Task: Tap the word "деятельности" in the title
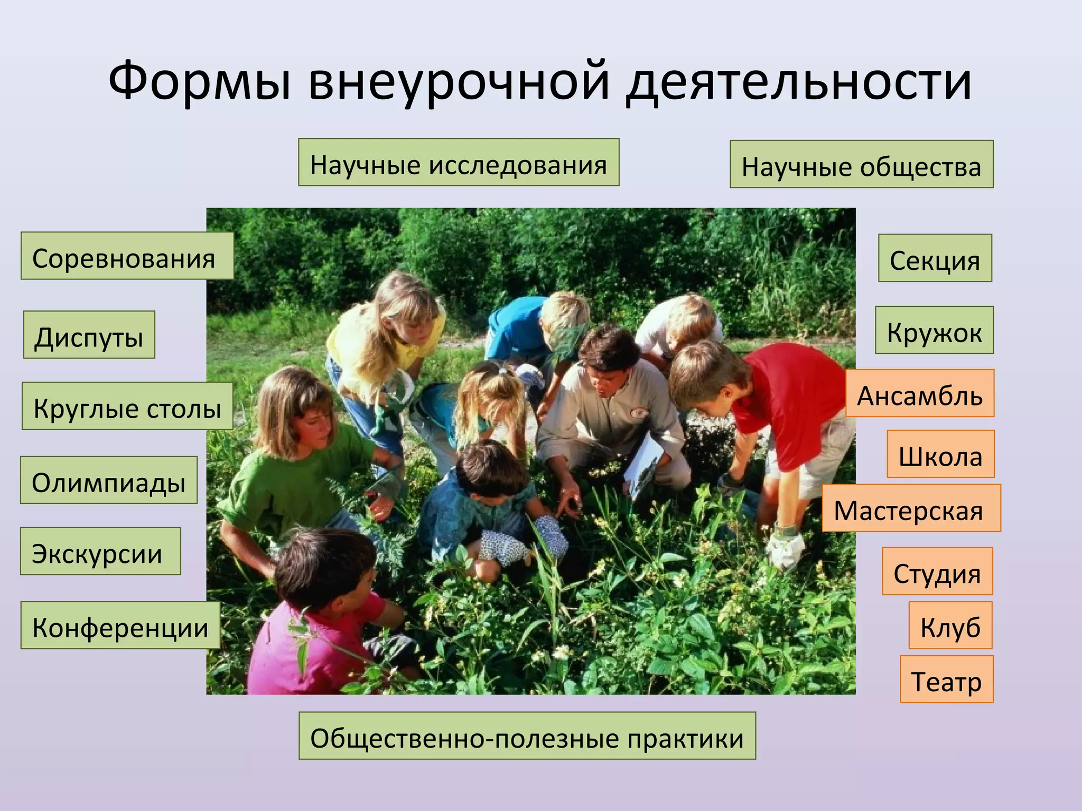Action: pos(798,82)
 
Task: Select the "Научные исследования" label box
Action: pos(459,163)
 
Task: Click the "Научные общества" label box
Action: pos(861,165)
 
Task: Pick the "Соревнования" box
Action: pos(127,256)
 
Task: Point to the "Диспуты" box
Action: pos(89,335)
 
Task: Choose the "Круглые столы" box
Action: pos(127,406)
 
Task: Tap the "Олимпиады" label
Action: pos(109,480)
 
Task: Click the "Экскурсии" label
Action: pos(100,551)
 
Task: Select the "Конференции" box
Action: pos(120,625)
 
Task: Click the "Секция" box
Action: pos(935,258)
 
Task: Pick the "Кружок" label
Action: pos(934,330)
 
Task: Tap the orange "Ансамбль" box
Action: pos(920,393)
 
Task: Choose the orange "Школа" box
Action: pos(940,454)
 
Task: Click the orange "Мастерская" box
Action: pos(911,508)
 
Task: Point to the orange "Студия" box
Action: pos(937,571)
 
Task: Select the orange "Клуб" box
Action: pos(950,625)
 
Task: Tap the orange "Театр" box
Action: pos(947,680)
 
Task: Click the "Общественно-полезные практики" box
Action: pos(527,736)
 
